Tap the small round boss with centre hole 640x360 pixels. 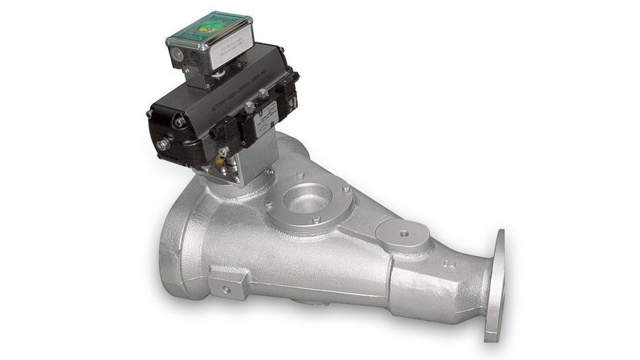point(401,233)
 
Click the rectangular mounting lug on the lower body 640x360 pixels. point(228,283)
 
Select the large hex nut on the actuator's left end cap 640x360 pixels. point(164,143)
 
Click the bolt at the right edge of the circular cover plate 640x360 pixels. point(345,189)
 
